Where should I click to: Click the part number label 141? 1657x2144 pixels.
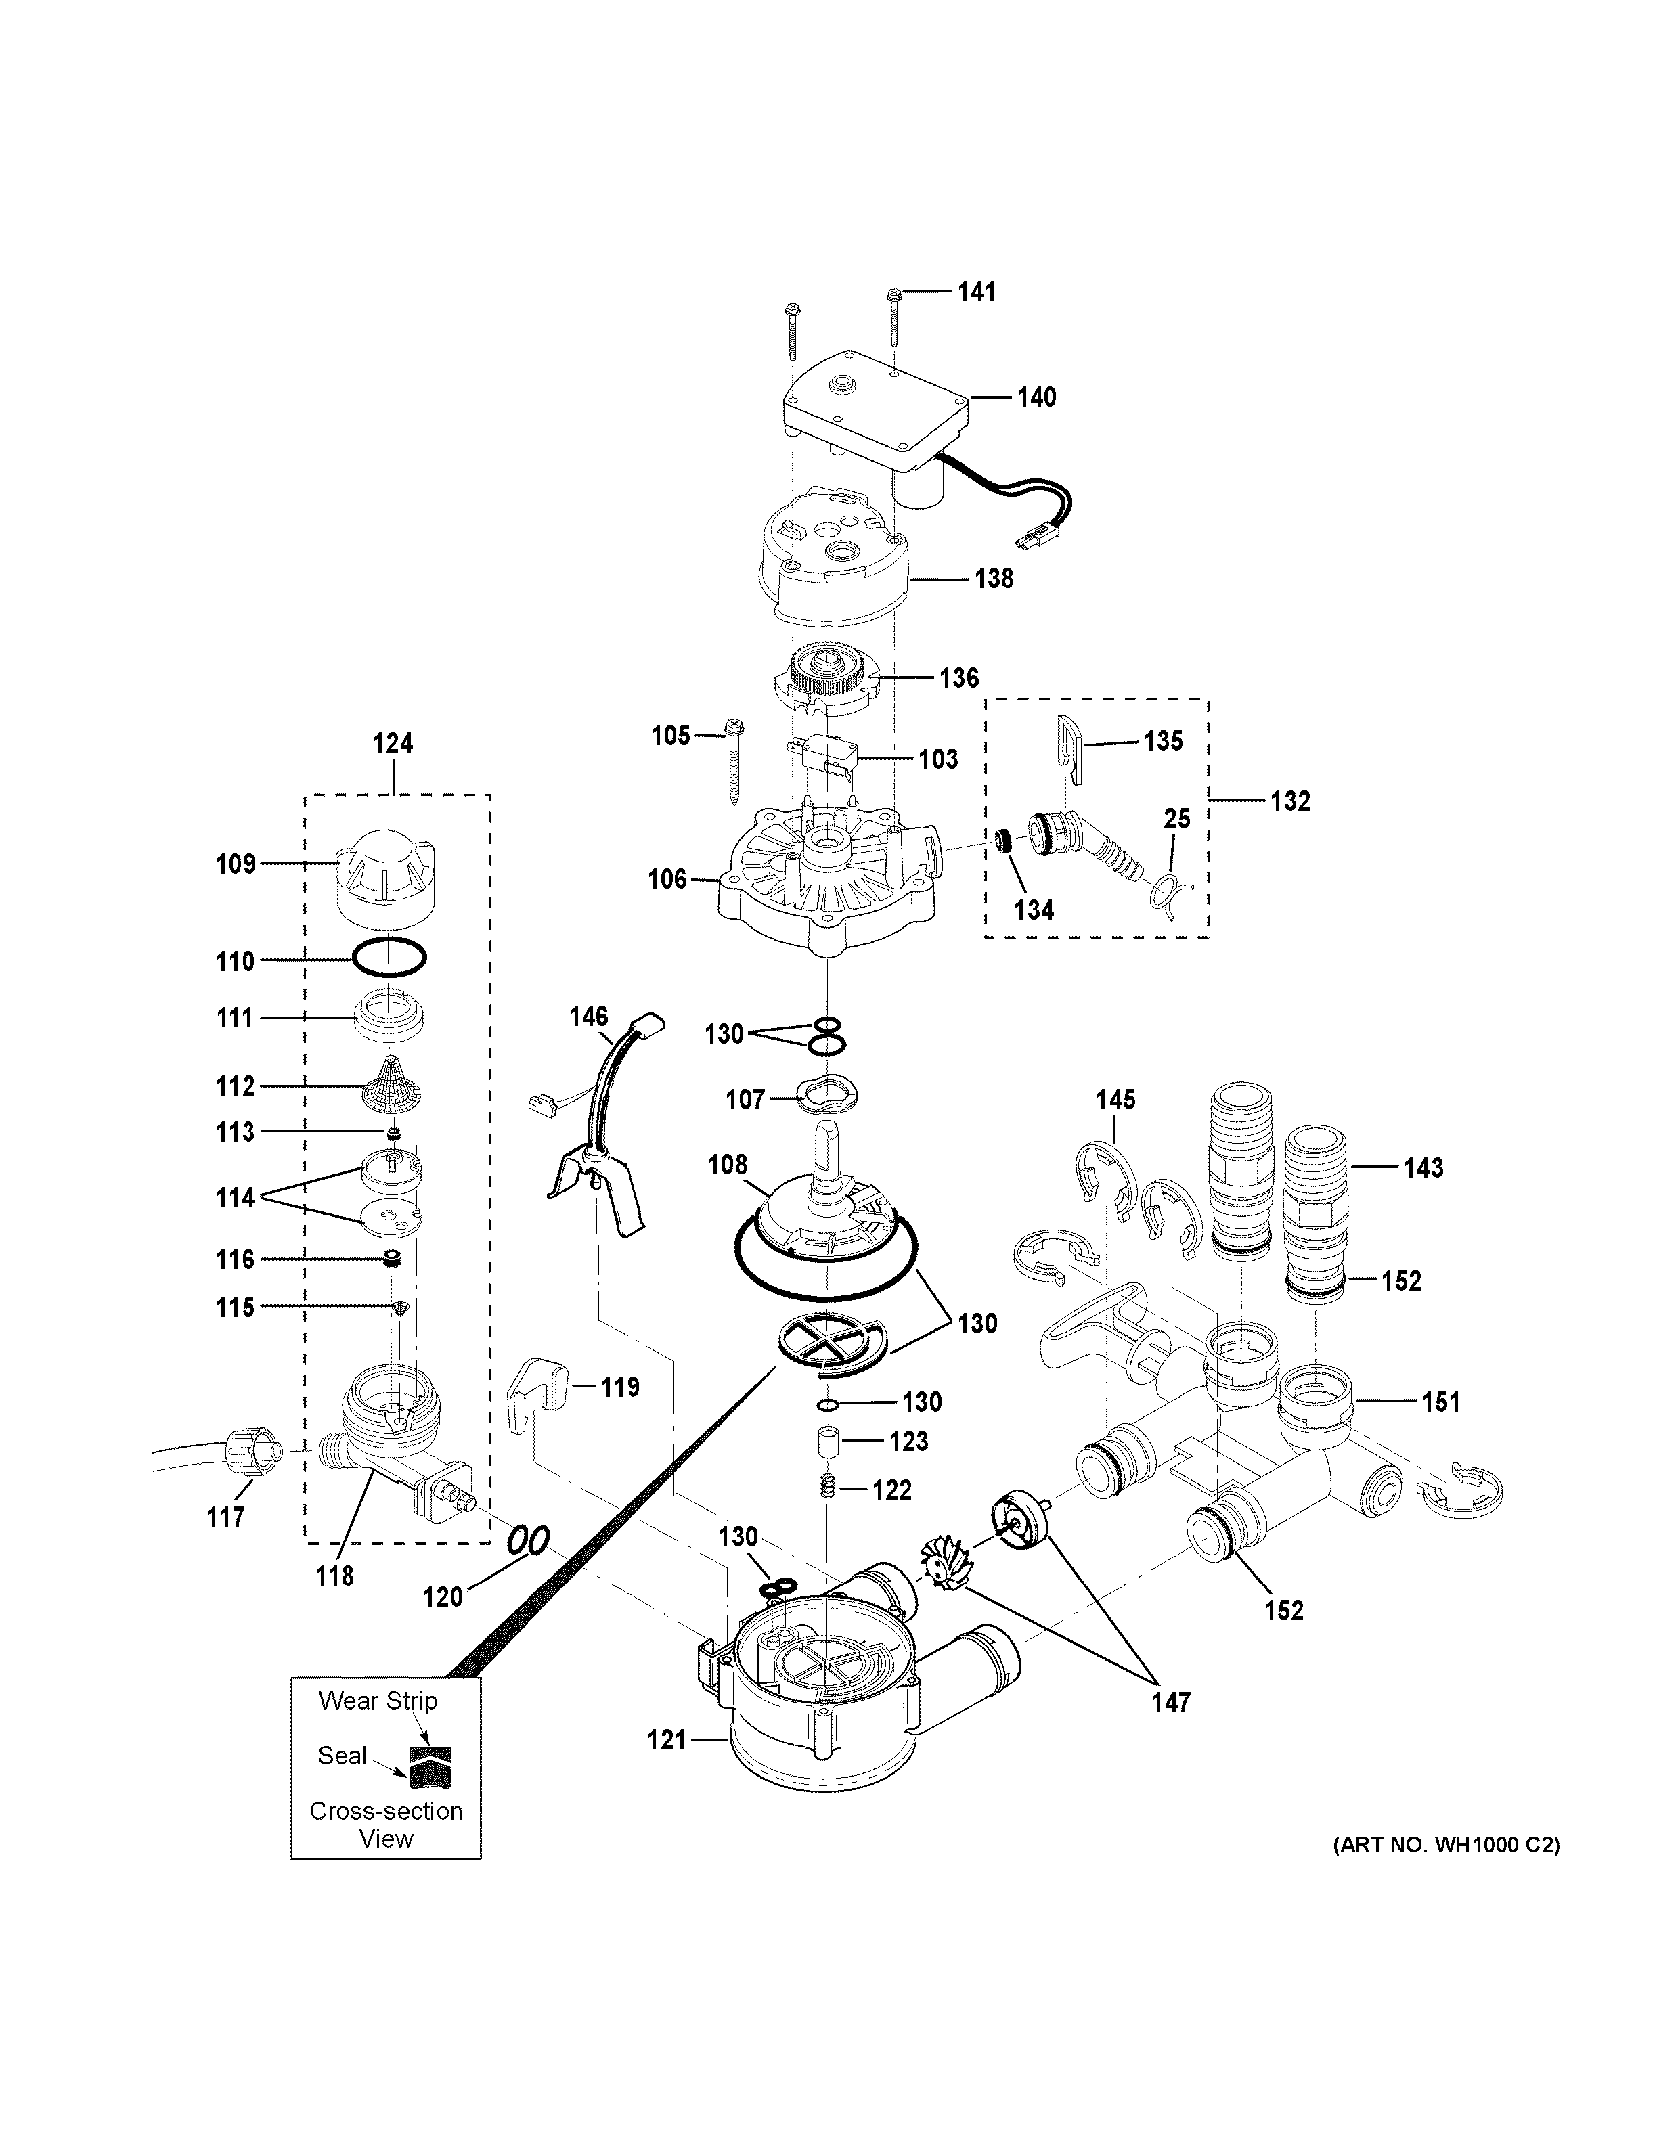coord(976,292)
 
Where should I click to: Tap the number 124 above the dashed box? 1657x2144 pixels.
coord(393,743)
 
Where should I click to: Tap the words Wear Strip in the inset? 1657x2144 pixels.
coord(378,1700)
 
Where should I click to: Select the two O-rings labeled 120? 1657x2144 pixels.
coord(528,1539)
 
